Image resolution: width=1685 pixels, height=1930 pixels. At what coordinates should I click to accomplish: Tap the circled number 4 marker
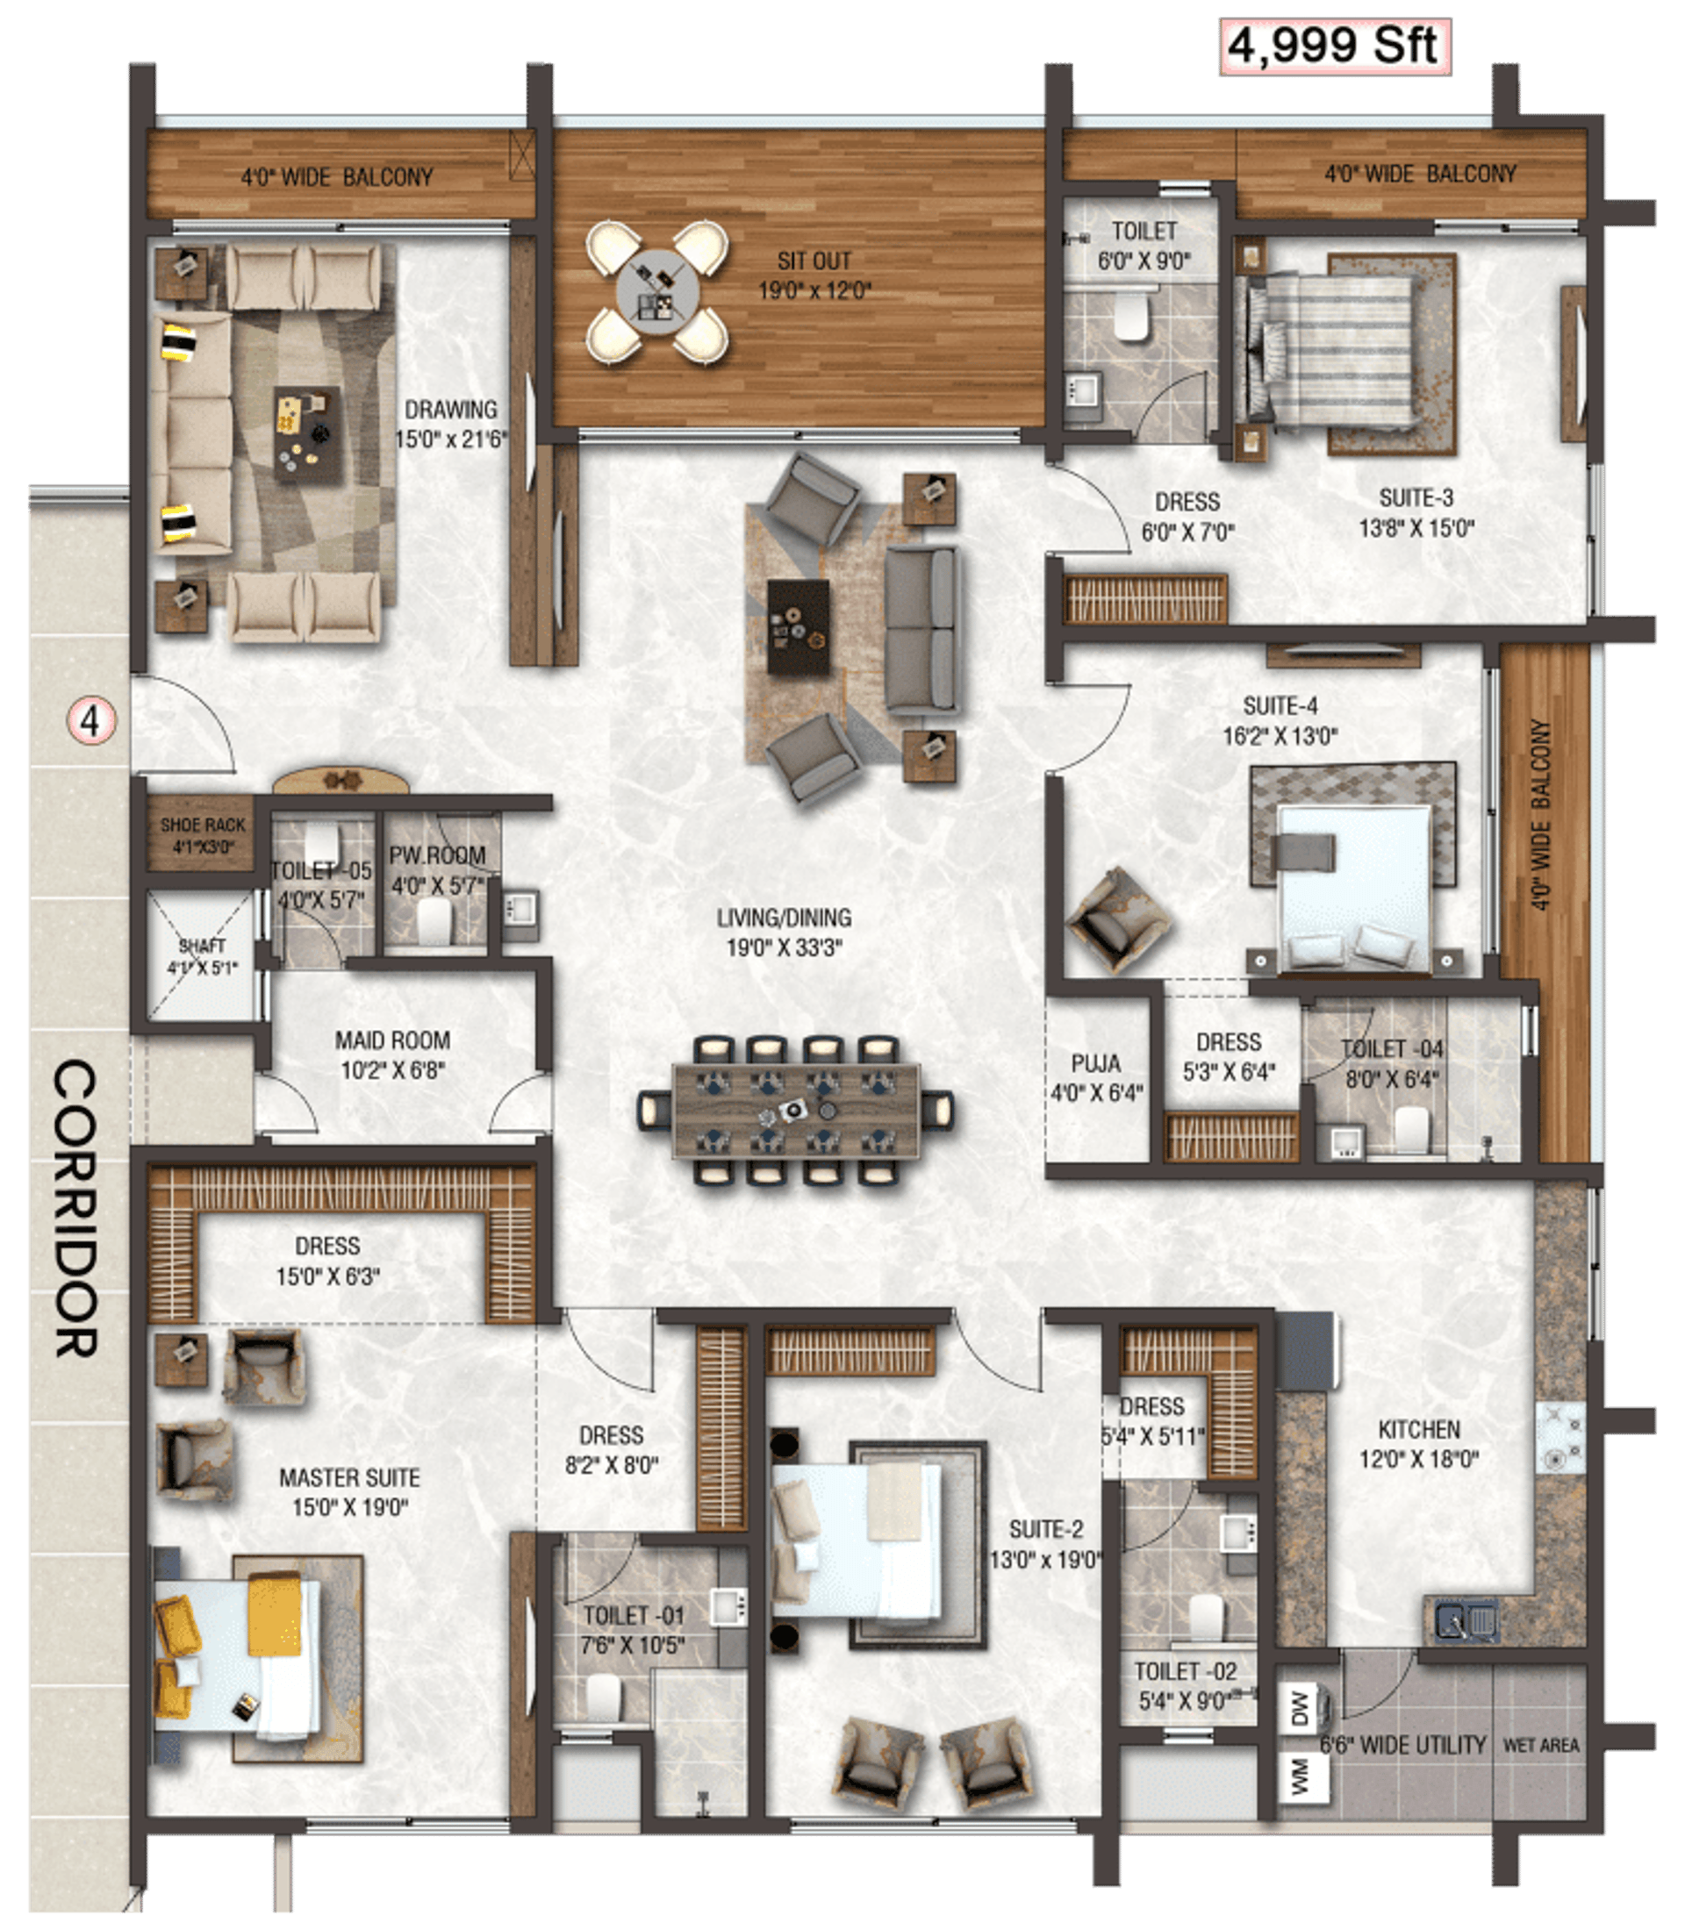[x=90, y=721]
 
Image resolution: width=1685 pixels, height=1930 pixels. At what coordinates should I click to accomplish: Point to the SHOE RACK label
[x=202, y=835]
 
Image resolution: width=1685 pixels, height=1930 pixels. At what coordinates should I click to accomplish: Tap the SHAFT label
[x=202, y=956]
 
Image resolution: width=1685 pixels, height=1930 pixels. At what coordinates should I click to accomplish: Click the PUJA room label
[x=1095, y=1077]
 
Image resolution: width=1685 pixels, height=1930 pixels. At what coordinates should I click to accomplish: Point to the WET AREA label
[x=1540, y=1746]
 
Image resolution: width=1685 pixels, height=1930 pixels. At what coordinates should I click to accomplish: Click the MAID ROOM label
[x=392, y=1054]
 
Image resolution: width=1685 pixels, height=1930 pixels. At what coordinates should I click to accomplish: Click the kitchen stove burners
[x=1561, y=1439]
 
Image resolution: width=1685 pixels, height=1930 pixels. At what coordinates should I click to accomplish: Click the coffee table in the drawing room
[x=307, y=433]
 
